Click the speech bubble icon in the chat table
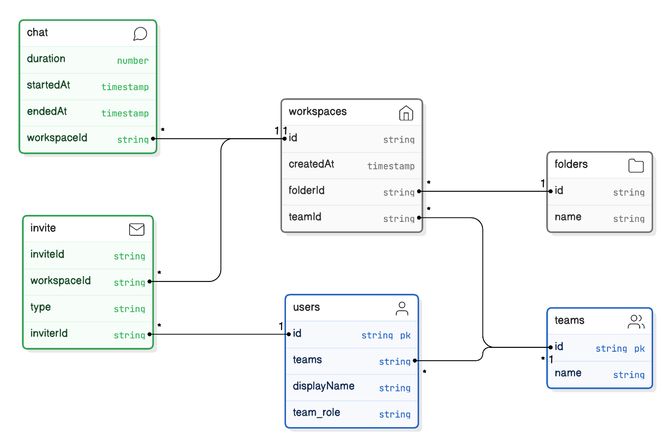pyautogui.click(x=140, y=34)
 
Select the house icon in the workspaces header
pyautogui.click(x=406, y=113)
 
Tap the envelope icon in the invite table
pyautogui.click(x=137, y=229)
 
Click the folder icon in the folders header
pyautogui.click(x=636, y=165)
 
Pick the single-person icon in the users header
pyautogui.click(x=402, y=309)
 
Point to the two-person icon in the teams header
pyautogui.click(x=636, y=322)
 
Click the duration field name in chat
pyautogui.click(x=46, y=58)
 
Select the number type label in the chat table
pyautogui.click(x=133, y=61)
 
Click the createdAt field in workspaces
pyautogui.click(x=311, y=164)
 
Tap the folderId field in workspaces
pyautogui.click(x=307, y=190)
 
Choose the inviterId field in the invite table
pyautogui.click(x=49, y=333)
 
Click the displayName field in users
pyautogui.click(x=324, y=386)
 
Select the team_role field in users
pyautogui.click(x=316, y=413)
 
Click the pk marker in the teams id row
pyautogui.click(x=639, y=349)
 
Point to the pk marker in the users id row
pyautogui.click(x=405, y=335)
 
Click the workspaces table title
pyautogui.click(x=318, y=111)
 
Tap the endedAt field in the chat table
pyautogui.click(x=47, y=111)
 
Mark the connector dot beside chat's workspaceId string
pyautogui.click(x=153, y=139)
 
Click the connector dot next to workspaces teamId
pyautogui.click(x=419, y=218)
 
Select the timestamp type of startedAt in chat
pyautogui.click(x=125, y=87)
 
